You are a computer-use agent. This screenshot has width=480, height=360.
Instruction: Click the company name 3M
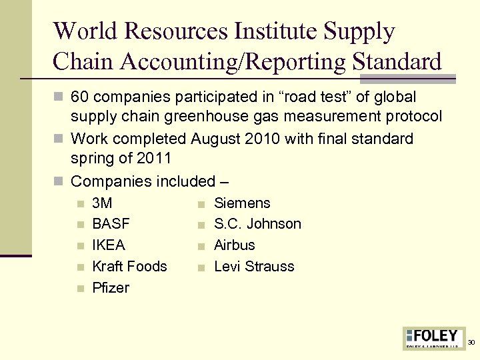click(102, 203)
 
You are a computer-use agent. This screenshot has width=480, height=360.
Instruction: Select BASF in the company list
click(111, 224)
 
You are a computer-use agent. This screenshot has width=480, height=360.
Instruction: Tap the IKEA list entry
click(109, 245)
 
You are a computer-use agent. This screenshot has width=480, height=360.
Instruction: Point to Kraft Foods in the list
click(129, 267)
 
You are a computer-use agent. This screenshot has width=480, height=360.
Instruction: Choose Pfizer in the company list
click(111, 288)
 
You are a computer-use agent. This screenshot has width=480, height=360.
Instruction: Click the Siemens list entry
click(242, 203)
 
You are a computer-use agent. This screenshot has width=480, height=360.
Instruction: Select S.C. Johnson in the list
click(257, 224)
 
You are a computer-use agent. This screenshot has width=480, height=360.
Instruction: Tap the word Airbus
click(234, 245)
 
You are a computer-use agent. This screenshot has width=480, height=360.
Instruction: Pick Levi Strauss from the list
click(254, 267)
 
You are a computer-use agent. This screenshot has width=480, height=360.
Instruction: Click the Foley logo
click(434, 338)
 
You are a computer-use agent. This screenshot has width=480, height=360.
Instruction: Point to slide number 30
click(471, 343)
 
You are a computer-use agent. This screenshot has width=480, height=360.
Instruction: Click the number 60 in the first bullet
click(80, 97)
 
